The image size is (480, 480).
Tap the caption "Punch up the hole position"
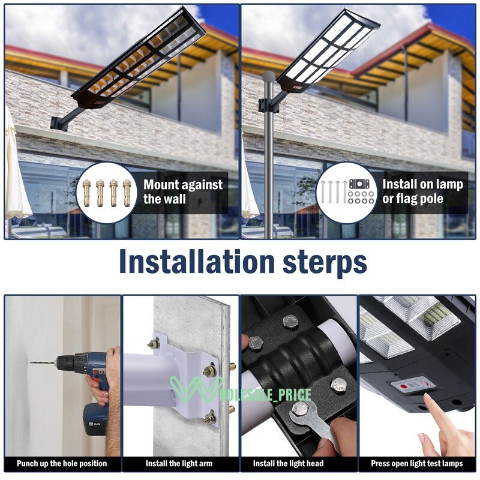coord(62,463)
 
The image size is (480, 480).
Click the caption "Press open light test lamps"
coord(417,463)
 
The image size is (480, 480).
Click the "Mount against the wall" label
coord(182,192)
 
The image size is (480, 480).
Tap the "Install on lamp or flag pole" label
coord(422,191)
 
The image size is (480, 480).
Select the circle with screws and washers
coord(346,192)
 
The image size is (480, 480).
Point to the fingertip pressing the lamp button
coord(427,398)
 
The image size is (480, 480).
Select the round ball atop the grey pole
coord(269,77)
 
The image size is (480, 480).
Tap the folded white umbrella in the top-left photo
coord(16,174)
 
